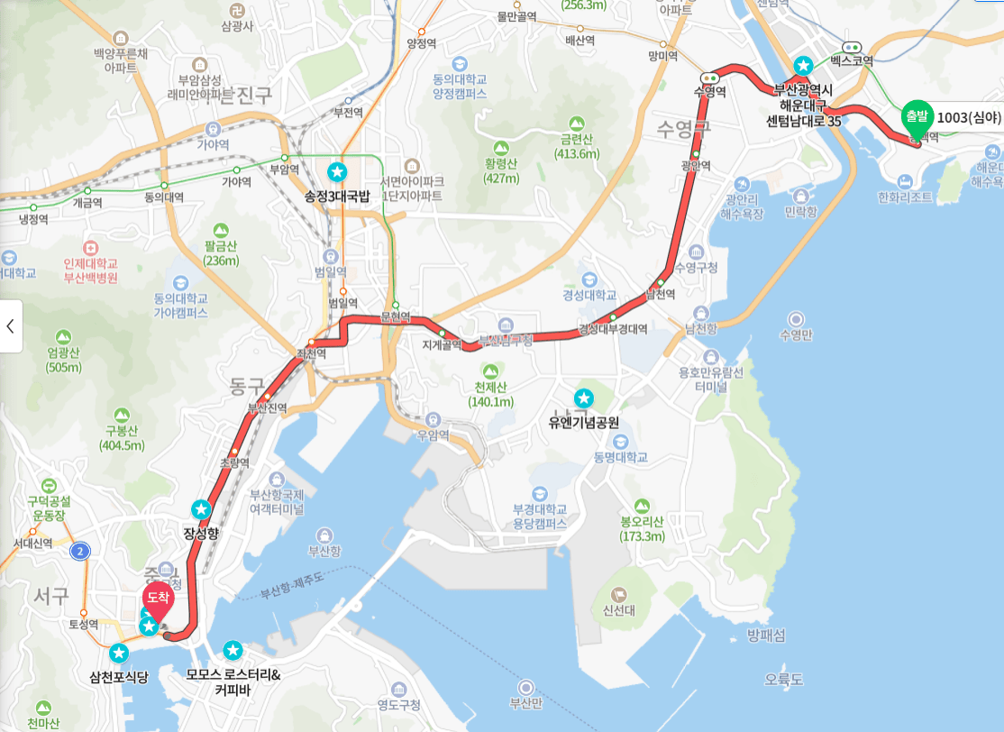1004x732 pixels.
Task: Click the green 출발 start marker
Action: [916, 117]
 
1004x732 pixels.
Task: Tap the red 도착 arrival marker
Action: [158, 598]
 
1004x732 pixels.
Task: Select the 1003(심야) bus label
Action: [969, 117]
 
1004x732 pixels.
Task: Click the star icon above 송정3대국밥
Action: [337, 170]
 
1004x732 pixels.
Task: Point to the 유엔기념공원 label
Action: [584, 422]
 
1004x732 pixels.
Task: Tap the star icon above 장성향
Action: [201, 509]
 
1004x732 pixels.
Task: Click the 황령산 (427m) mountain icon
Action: [501, 147]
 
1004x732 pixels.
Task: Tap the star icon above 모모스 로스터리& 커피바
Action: [233, 649]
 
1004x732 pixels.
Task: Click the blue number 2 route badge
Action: [81, 551]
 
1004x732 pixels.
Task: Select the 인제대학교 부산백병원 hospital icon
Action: [90, 247]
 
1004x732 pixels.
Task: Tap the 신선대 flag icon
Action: [619, 595]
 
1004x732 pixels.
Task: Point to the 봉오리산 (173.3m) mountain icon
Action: [642, 507]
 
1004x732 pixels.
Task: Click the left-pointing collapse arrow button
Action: [11, 325]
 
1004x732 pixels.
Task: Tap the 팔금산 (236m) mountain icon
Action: [221, 231]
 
